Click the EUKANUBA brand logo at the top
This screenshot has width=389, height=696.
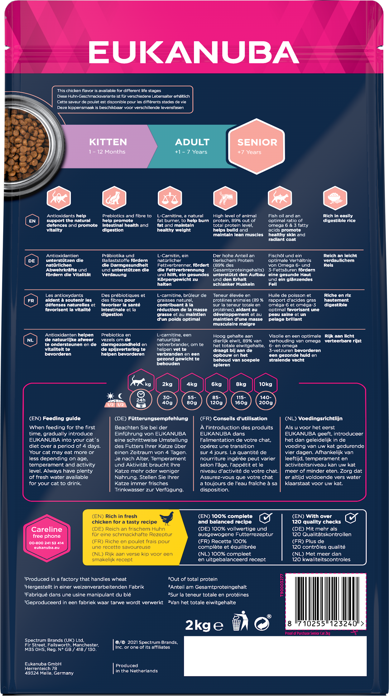(194, 52)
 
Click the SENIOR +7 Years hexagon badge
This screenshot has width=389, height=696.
(257, 146)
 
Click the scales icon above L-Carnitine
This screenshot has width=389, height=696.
(170, 198)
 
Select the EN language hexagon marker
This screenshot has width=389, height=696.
(32, 221)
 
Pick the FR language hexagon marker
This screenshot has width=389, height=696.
(31, 301)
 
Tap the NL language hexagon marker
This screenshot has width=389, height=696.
(30, 340)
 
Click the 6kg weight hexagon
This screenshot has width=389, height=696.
(216, 384)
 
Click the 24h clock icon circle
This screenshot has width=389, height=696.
(141, 399)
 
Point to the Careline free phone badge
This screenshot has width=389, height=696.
(46, 538)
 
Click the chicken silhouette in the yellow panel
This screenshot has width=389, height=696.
(167, 518)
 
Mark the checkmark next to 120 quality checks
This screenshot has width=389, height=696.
(351, 518)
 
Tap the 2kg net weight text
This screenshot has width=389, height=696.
(198, 625)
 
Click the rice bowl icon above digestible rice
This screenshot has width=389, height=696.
(335, 198)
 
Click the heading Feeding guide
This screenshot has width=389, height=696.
(61, 418)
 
